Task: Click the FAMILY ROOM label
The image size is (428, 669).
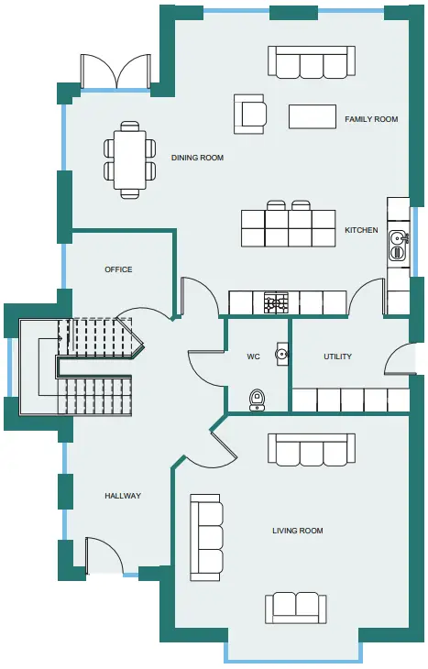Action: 371,119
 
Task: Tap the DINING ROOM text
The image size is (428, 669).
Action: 197,158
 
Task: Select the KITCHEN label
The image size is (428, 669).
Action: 361,230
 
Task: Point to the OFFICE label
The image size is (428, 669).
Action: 118,269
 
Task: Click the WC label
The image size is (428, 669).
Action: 253,356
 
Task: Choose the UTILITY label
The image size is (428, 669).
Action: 337,356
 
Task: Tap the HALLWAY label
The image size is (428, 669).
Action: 123,496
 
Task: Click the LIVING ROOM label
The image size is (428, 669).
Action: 298,531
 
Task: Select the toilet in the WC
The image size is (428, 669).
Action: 257,400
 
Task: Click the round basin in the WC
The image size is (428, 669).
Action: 281,354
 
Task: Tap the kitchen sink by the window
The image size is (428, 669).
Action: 399,245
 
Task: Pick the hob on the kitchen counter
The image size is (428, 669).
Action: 276,303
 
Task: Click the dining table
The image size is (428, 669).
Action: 130,160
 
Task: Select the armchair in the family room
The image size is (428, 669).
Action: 250,114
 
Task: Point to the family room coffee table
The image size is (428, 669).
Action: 312,116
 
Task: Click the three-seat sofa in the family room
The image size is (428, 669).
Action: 312,62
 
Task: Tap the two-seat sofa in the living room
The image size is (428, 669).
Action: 296,608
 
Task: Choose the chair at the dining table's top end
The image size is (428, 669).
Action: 130,126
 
